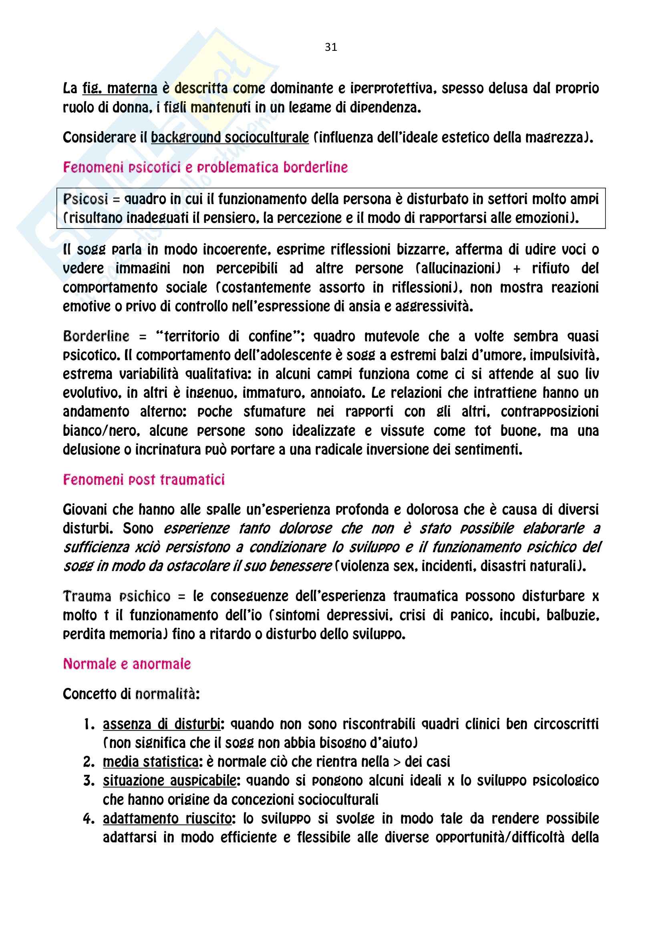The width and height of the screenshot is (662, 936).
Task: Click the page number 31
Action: point(331,47)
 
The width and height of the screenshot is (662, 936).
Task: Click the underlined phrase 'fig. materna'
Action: point(119,88)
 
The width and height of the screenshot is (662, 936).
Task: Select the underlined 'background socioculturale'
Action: point(229,137)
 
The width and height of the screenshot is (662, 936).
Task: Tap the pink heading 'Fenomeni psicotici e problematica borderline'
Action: point(205,167)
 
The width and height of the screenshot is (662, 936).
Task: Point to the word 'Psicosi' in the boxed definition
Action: point(86,199)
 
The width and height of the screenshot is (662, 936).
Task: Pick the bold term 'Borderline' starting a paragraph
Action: point(96,336)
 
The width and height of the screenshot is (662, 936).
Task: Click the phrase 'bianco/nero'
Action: point(101,431)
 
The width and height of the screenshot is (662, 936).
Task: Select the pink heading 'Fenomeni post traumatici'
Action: point(144,479)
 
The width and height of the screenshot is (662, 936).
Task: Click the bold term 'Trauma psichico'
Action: point(116,596)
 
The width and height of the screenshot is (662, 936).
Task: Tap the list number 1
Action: point(89,724)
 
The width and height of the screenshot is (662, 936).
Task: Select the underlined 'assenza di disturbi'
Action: point(161,724)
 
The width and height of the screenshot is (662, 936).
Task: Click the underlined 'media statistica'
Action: point(151,762)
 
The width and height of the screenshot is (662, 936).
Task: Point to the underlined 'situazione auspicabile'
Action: point(169,780)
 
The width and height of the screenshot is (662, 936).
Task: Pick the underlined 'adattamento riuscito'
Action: point(167,818)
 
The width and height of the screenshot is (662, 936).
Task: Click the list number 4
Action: point(89,819)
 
